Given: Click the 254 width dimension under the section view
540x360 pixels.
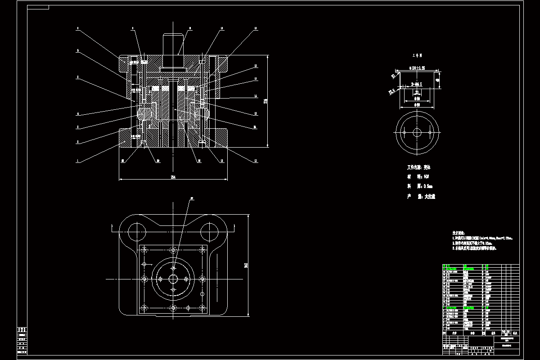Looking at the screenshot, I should (173, 177).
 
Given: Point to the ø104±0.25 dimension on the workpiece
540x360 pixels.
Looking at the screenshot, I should (417, 68).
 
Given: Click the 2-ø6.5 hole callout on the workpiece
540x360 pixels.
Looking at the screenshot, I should (416, 84).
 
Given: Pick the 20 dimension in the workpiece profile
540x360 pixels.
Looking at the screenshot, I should (417, 92).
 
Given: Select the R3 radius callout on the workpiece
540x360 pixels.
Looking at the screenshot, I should (392, 76).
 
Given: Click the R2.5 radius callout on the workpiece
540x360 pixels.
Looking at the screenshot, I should (391, 91).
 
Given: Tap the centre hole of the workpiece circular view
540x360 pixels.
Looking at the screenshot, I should (417, 133).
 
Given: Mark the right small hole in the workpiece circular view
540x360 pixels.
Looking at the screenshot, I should (430, 133).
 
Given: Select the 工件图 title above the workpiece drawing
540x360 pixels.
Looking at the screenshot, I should (417, 56).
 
